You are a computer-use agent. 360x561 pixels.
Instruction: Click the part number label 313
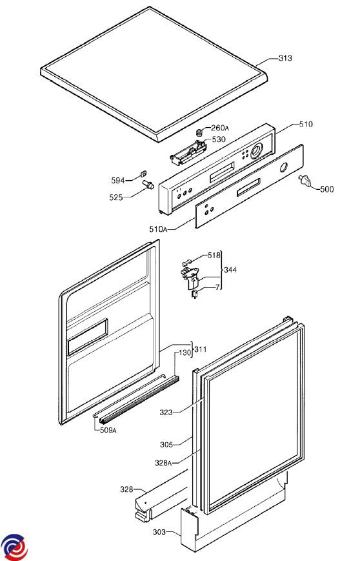(x=285, y=58)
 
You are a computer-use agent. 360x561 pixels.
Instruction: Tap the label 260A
(x=220, y=128)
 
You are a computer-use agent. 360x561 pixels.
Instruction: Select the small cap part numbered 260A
(x=200, y=133)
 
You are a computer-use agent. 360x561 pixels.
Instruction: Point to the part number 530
(x=219, y=139)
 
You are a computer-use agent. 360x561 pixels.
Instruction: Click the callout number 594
(x=118, y=180)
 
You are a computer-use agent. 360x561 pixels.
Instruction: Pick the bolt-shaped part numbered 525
(x=148, y=185)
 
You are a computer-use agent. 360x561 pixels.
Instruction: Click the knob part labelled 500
(x=305, y=180)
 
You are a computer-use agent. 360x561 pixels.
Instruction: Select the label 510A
(x=158, y=229)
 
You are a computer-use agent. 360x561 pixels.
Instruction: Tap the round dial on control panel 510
(x=257, y=151)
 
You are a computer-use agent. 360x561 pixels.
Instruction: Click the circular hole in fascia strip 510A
(x=283, y=167)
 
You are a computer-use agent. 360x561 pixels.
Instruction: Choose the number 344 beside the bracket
(x=230, y=270)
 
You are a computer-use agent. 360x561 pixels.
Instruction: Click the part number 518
(x=214, y=256)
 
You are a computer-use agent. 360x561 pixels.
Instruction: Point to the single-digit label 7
(x=217, y=287)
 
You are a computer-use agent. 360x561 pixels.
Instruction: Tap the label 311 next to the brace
(x=201, y=349)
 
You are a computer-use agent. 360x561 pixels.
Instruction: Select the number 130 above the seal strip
(x=185, y=352)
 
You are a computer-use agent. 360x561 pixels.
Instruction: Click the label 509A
(x=107, y=430)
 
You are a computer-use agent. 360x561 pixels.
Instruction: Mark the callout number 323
(x=166, y=413)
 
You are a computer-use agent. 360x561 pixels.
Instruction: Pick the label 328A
(x=163, y=463)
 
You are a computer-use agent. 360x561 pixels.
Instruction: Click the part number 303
(x=159, y=532)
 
